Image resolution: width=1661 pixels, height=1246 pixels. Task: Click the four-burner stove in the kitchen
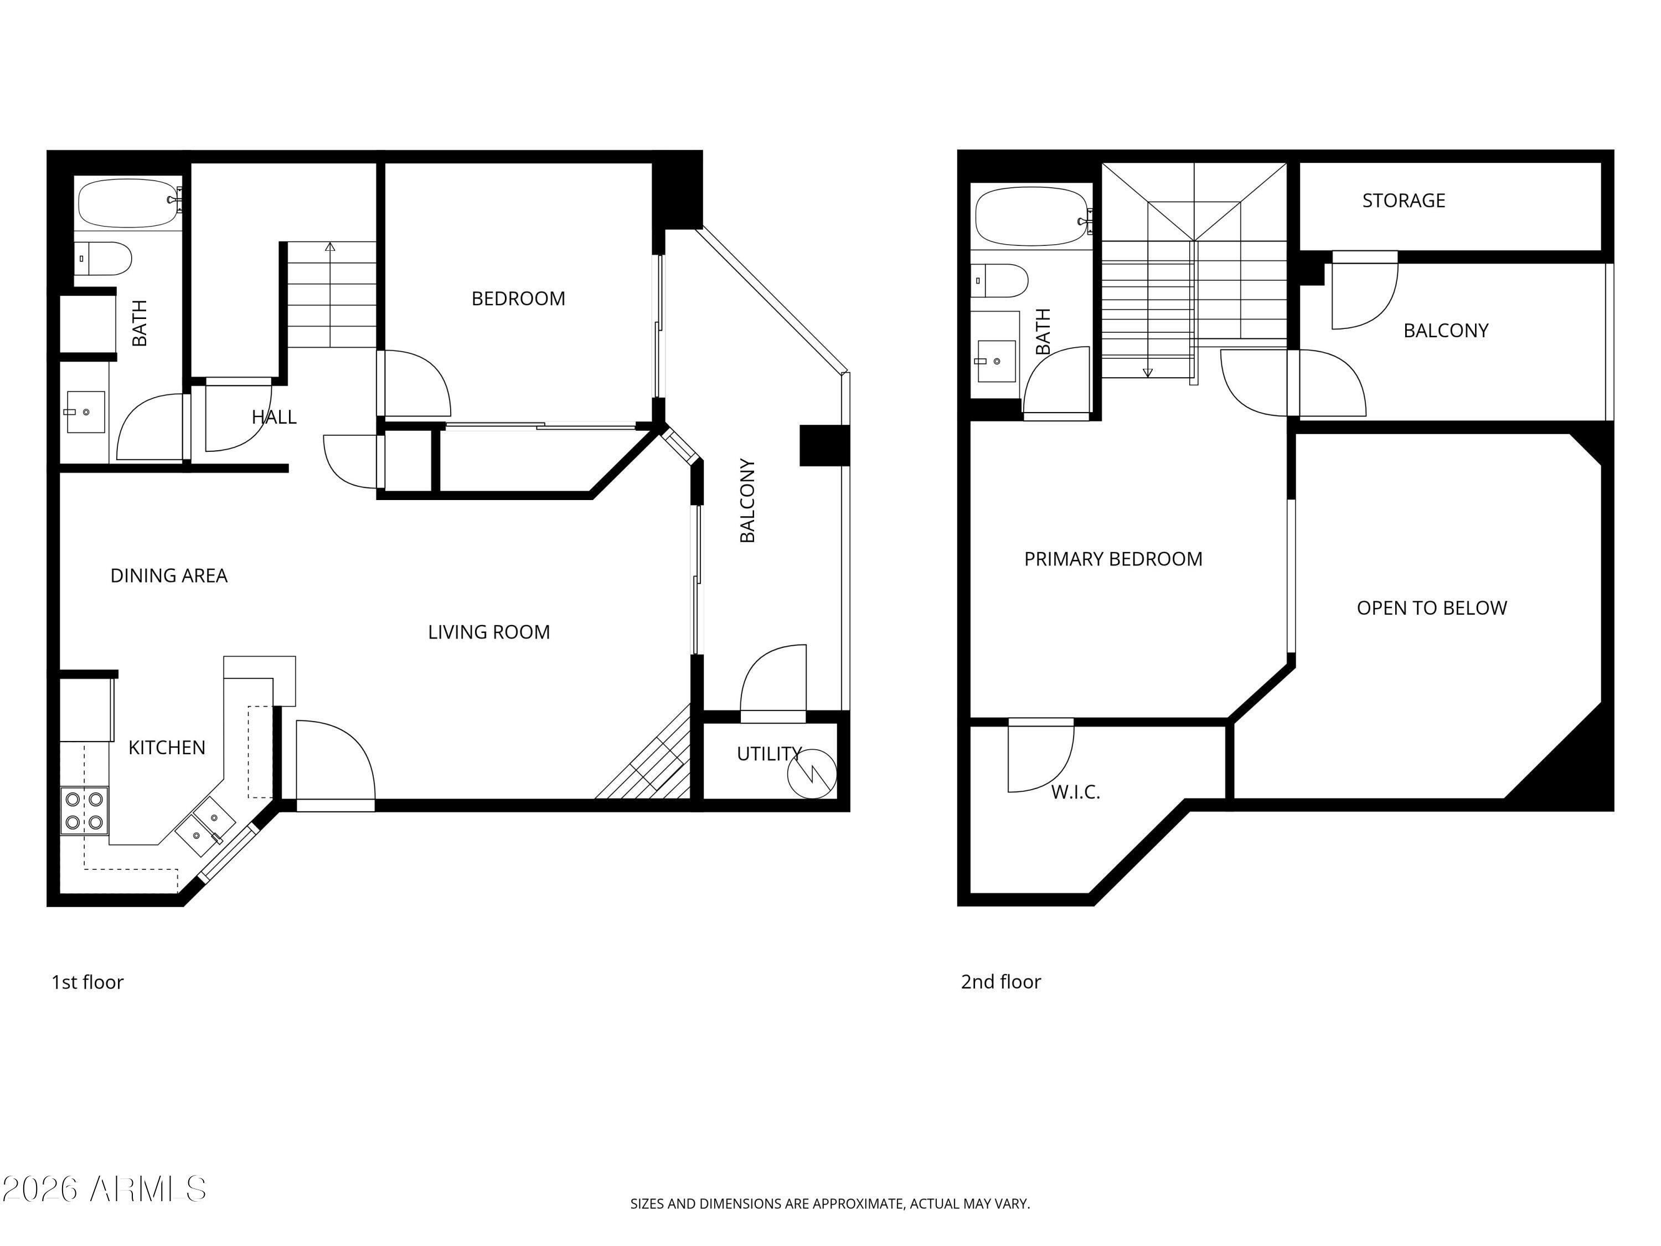point(84,811)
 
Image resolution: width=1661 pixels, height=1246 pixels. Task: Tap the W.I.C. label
point(1075,791)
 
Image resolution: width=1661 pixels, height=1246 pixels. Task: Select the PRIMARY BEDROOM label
point(1113,559)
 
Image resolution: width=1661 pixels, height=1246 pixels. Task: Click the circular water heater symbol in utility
point(812,773)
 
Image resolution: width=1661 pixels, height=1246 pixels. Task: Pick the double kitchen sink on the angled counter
point(205,826)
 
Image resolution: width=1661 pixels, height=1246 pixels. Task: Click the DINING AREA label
point(169,575)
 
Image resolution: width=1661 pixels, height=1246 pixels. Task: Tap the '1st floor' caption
point(87,982)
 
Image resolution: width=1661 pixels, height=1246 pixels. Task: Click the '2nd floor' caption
point(1000,982)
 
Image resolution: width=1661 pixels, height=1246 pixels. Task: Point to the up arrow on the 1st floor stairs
point(329,246)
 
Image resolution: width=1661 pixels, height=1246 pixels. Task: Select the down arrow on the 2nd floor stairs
point(1147,373)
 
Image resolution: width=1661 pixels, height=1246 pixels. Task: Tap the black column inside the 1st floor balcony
point(824,445)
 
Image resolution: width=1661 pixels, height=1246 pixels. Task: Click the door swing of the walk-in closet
point(1040,755)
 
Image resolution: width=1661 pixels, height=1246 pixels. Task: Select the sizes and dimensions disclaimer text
point(830,1203)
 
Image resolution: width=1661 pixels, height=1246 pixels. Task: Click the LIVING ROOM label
point(488,632)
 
